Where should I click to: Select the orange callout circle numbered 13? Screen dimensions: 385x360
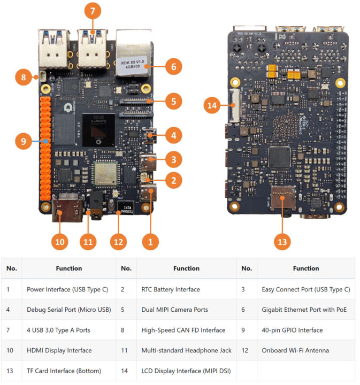click(282, 241)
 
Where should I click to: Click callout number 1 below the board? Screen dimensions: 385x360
click(150, 241)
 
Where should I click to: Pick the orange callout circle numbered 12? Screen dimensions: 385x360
click(119, 241)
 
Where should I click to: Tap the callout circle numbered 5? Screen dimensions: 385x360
click(173, 100)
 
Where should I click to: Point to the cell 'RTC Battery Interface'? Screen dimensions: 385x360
click(171, 289)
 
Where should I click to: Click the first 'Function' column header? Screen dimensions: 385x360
click(68, 268)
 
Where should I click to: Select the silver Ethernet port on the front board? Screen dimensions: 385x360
click(132, 55)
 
